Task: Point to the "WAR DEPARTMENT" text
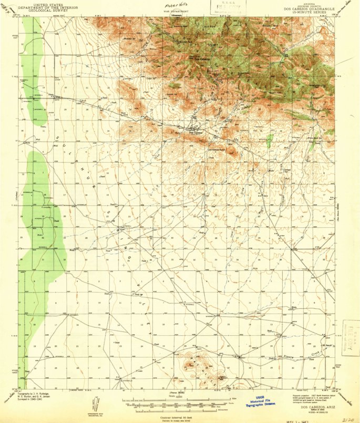coord(174,10)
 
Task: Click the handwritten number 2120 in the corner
coord(347,419)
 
